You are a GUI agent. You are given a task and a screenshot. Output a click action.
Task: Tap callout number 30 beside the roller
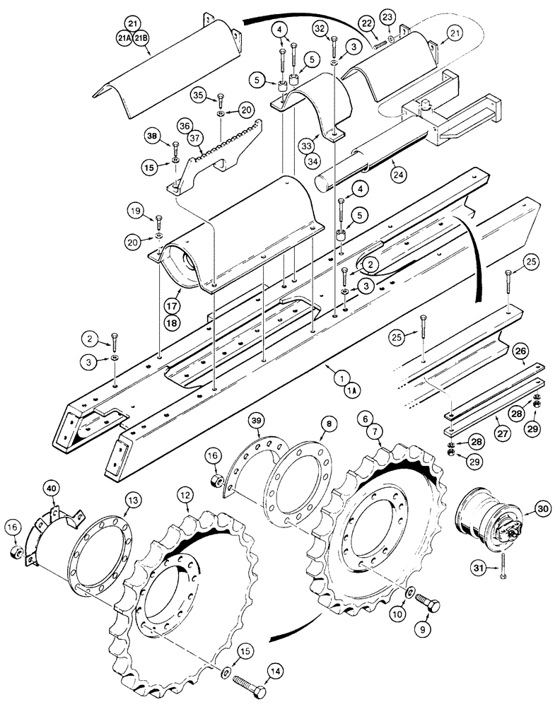click(542, 508)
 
